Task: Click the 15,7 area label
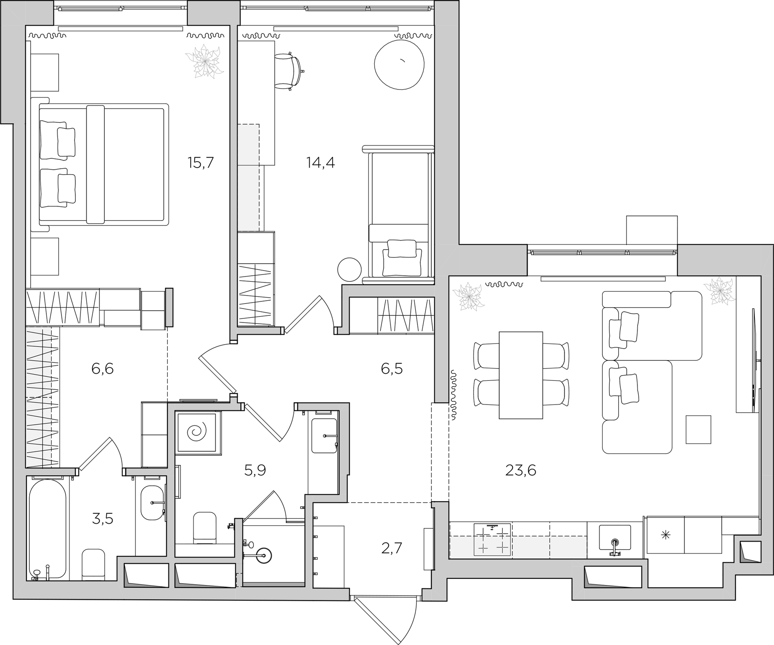pos(201,163)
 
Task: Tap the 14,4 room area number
pos(320,163)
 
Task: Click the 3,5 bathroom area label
pos(103,519)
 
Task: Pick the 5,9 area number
pos(255,470)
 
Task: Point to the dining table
pos(521,375)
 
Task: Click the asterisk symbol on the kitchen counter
pos(666,535)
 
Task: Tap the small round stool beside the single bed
pos(349,270)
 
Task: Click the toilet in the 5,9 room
pos(205,528)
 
